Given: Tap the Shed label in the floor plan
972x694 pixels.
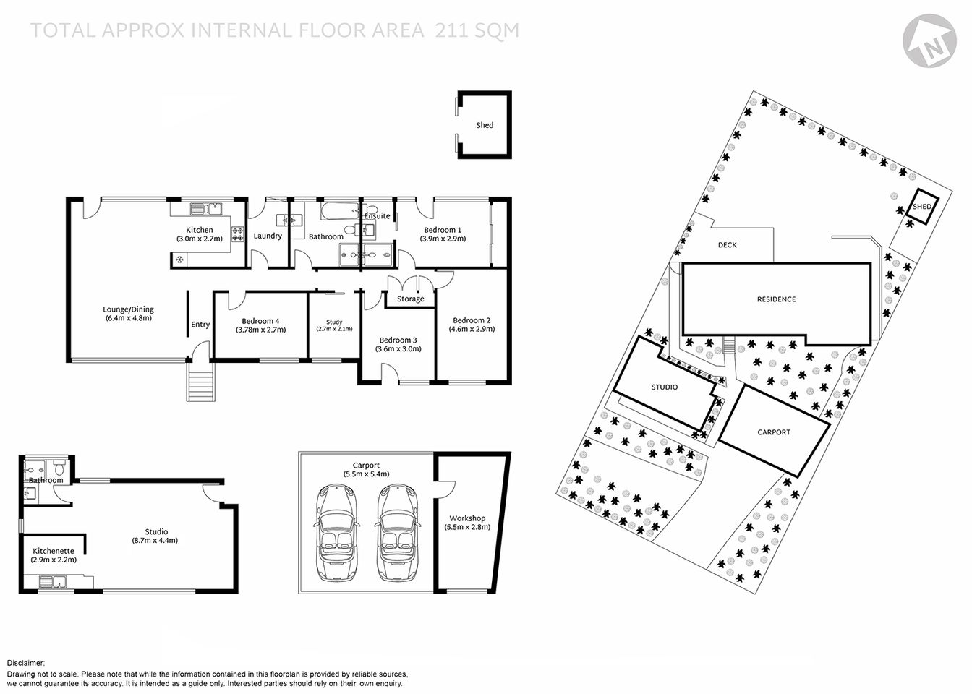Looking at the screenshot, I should click(485, 125).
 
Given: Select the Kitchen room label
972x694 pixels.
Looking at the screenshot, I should click(199, 230).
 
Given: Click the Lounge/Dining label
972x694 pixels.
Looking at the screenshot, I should click(128, 309).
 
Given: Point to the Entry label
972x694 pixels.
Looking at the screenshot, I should click(200, 325).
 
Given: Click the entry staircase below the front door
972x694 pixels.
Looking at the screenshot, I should click(201, 382).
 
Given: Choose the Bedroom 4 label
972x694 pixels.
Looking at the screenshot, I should click(260, 321).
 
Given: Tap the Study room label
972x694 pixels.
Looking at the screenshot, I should click(334, 322).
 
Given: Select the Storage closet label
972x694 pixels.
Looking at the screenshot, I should click(410, 299).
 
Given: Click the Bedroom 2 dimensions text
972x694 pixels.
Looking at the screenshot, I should click(472, 330).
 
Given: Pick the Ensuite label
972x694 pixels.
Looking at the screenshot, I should click(377, 216).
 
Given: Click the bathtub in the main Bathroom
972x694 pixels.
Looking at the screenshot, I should click(340, 212).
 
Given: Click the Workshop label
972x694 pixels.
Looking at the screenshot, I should click(467, 518).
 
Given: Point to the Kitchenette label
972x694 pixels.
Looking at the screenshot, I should click(53, 551).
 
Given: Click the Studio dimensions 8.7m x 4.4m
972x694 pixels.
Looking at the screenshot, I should click(155, 540).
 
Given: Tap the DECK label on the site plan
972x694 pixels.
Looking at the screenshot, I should click(727, 245).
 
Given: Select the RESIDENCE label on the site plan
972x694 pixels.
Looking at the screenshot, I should click(776, 299).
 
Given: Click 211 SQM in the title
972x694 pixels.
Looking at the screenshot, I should click(477, 30).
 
